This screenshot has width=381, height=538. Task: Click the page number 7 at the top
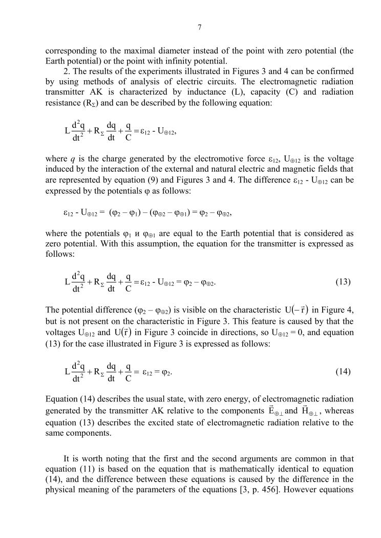coord(199,28)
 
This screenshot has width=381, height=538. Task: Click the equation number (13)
coord(343,282)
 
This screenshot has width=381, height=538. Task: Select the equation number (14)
coord(343,371)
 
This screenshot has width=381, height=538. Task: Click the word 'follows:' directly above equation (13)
coord(58,254)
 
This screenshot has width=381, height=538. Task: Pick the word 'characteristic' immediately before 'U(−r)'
coord(253,311)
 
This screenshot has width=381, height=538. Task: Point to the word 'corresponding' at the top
coord(70,51)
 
